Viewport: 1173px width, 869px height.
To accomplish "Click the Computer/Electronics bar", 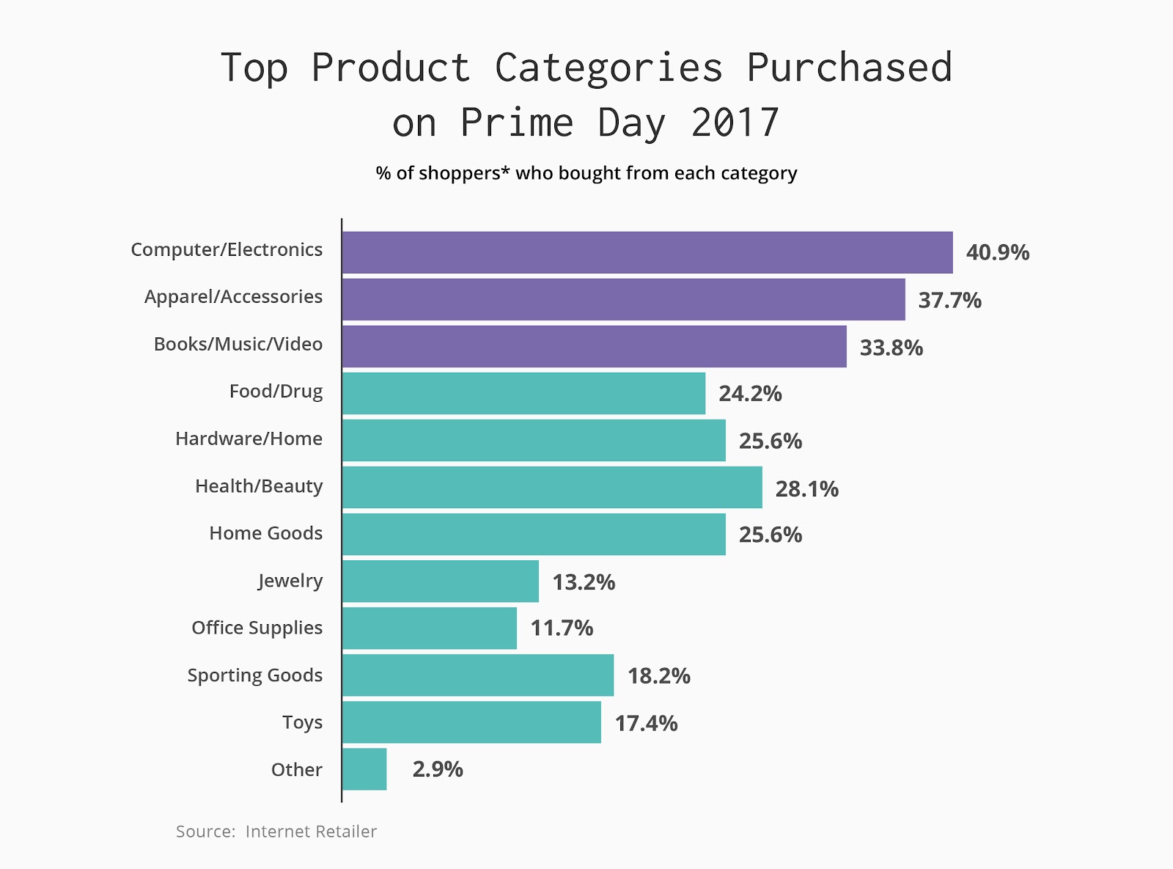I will [x=647, y=252].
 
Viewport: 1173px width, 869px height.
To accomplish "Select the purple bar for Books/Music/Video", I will [x=594, y=347].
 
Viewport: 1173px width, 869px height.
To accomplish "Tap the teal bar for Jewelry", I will [x=440, y=582].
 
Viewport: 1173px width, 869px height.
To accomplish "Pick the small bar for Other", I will [x=364, y=769].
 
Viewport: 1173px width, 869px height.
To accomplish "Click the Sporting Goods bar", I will [x=477, y=675].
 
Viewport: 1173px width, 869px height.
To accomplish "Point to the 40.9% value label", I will [x=997, y=253].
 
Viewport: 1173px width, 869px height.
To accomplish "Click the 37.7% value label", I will [x=949, y=301].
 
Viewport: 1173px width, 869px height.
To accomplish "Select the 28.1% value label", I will [x=806, y=489].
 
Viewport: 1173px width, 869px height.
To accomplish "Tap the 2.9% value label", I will [x=438, y=769].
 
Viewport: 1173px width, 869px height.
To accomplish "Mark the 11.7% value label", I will [x=562, y=628].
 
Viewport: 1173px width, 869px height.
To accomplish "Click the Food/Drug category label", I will [x=276, y=392].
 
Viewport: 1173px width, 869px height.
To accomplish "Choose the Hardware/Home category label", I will [x=249, y=439].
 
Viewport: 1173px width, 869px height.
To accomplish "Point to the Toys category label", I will [x=302, y=723].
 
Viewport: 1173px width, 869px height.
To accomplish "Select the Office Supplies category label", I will [x=257, y=628].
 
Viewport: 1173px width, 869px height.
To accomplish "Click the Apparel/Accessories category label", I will [x=233, y=297].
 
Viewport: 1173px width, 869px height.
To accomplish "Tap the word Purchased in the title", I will [x=849, y=68].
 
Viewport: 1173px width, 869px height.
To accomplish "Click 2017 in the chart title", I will [x=735, y=122].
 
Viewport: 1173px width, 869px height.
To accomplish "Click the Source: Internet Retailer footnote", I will [x=276, y=832].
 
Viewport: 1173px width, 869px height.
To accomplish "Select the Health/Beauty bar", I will [x=551, y=488].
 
